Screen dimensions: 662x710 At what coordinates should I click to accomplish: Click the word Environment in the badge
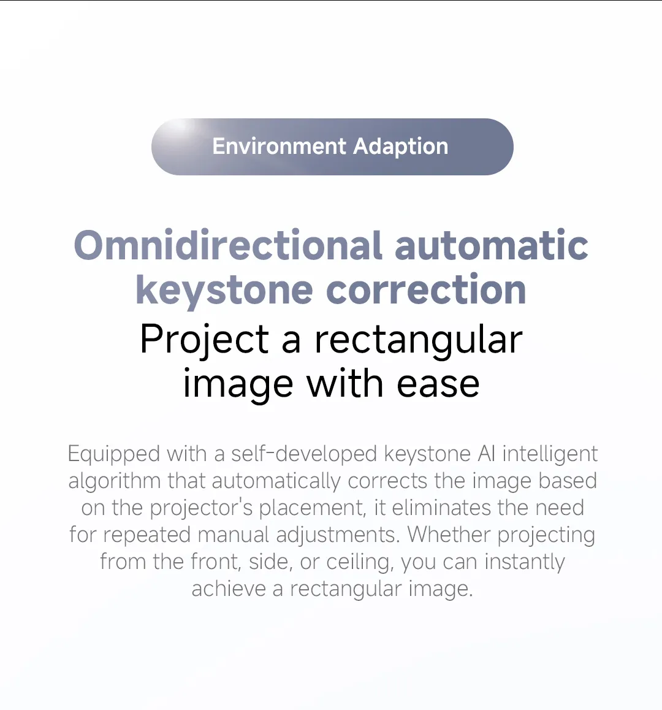pyautogui.click(x=280, y=147)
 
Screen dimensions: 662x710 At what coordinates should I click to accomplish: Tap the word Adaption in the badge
pyautogui.click(x=400, y=147)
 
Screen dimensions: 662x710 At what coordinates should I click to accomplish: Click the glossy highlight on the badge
pyautogui.click(x=181, y=129)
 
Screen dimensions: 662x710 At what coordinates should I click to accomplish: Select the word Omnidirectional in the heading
pyautogui.click(x=228, y=245)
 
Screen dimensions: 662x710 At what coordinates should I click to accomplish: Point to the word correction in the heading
pyautogui.click(x=425, y=290)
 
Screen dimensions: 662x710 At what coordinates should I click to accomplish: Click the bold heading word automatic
pyautogui.click(x=492, y=245)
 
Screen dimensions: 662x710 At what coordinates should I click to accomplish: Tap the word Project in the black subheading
pyautogui.click(x=204, y=340)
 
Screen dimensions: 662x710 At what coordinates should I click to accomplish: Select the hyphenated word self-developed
pyautogui.click(x=304, y=453)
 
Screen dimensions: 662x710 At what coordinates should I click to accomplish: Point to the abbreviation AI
pyautogui.click(x=486, y=454)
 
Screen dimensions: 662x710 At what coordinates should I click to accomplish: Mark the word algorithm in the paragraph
pyautogui.click(x=115, y=481)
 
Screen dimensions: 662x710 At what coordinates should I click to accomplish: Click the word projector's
pyautogui.click(x=201, y=508)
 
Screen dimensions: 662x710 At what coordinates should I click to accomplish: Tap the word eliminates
pyautogui.click(x=441, y=508)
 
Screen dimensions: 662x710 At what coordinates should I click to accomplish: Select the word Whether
pyautogui.click(x=449, y=534)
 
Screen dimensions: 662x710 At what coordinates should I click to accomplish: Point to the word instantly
pyautogui.click(x=525, y=562)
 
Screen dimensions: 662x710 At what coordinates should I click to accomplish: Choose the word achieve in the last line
pyautogui.click(x=229, y=589)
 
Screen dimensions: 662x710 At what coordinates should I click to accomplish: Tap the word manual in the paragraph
pyautogui.click(x=233, y=535)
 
